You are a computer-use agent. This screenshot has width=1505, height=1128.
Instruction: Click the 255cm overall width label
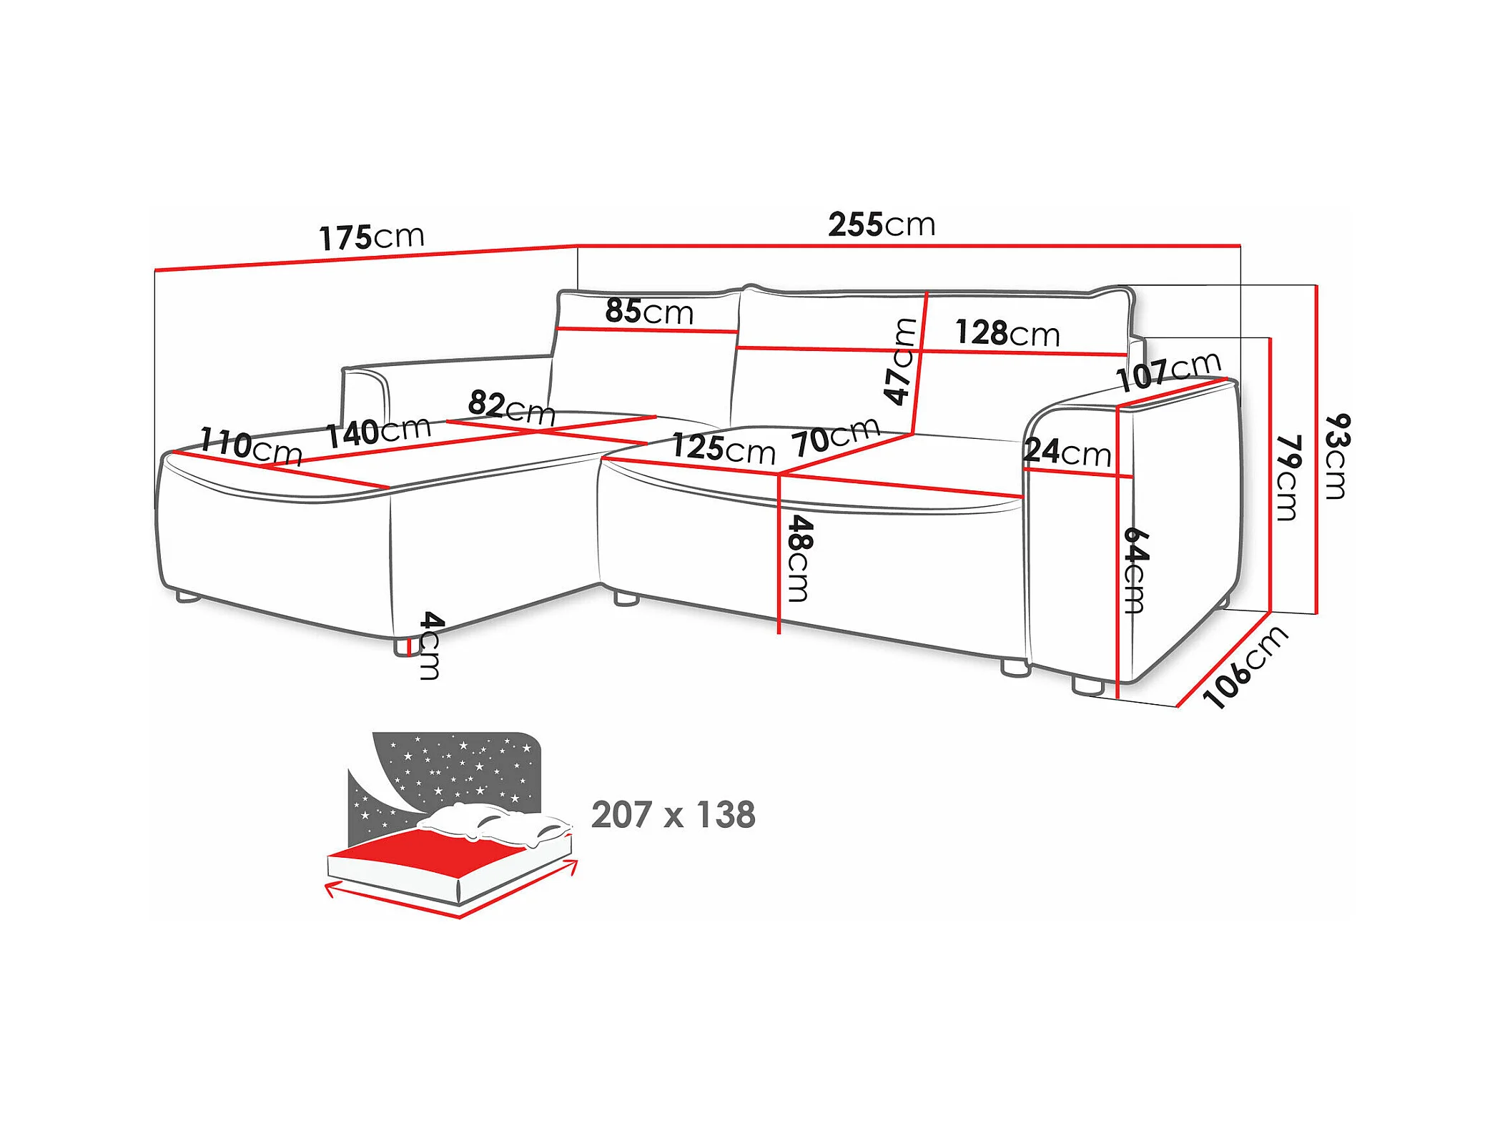(881, 224)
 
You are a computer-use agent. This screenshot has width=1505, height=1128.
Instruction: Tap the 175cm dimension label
(371, 237)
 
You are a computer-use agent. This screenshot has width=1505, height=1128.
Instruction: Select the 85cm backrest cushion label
(649, 311)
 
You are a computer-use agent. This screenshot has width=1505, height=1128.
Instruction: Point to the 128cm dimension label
(1007, 333)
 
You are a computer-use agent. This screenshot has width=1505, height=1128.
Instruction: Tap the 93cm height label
(1336, 456)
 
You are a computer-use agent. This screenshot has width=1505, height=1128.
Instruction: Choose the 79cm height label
(1287, 478)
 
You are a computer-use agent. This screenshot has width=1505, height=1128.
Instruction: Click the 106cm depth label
(1245, 667)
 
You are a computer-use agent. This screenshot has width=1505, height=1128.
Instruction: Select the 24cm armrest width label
(1067, 452)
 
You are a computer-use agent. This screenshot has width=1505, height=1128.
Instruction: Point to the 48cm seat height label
(799, 558)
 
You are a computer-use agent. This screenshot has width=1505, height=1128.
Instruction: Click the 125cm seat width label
(723, 448)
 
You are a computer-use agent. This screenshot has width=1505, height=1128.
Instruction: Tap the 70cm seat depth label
(835, 436)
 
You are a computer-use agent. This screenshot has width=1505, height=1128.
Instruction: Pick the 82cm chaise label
(511, 407)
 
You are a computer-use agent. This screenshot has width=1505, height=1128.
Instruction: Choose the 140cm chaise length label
(378, 431)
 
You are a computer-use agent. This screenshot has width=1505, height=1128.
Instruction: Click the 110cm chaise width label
(250, 445)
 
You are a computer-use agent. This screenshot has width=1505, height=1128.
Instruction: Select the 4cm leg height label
(430, 645)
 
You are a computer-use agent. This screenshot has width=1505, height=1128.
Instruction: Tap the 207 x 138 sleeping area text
(673, 815)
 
